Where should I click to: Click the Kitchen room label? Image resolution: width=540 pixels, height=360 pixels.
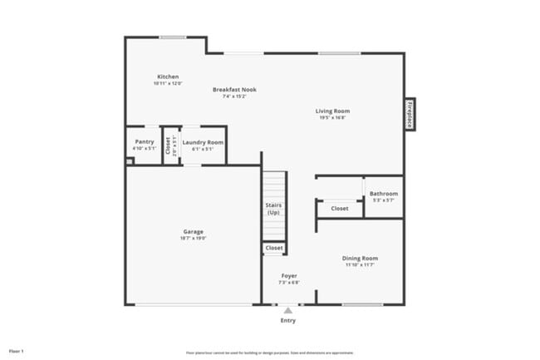(168, 76)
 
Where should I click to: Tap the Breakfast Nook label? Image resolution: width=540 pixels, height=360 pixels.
(234, 90)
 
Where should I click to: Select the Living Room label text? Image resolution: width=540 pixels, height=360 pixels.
(332, 111)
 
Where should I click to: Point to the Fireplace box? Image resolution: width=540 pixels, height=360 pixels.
(410, 114)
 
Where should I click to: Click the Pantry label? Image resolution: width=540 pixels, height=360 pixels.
(144, 142)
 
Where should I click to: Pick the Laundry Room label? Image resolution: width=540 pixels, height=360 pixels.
(203, 142)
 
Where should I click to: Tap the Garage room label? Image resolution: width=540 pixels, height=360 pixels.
(194, 231)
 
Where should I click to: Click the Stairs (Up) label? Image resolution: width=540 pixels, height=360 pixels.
(273, 208)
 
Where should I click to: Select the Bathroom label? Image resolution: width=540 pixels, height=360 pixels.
(384, 194)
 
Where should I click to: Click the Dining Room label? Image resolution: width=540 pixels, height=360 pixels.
(361, 258)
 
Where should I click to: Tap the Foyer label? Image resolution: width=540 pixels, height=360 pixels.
(289, 275)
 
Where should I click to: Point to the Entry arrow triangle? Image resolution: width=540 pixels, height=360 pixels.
(288, 310)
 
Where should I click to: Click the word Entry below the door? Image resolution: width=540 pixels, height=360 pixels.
(288, 320)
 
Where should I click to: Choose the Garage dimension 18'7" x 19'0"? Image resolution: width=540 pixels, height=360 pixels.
(194, 239)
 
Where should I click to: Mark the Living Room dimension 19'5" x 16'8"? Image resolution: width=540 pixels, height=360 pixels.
(332, 118)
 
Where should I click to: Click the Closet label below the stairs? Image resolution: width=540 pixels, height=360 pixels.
(273, 248)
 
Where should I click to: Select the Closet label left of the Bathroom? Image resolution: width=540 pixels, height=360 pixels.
(339, 209)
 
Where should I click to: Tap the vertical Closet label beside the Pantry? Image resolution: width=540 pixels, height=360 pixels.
(169, 146)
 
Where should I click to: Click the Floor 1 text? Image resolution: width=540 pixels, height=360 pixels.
(17, 351)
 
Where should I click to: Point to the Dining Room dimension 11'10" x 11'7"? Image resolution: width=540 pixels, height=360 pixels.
(361, 265)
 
